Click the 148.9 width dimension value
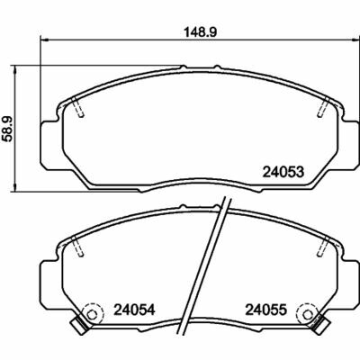coord(200,32)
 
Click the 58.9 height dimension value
coord(7,129)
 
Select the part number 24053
coord(283,172)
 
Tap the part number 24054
coord(134,310)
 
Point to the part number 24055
coord(266,310)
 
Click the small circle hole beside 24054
coord(92,315)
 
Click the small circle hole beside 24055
coord(307,315)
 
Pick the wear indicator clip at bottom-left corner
coord(78,327)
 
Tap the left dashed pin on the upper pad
coord(78,107)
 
